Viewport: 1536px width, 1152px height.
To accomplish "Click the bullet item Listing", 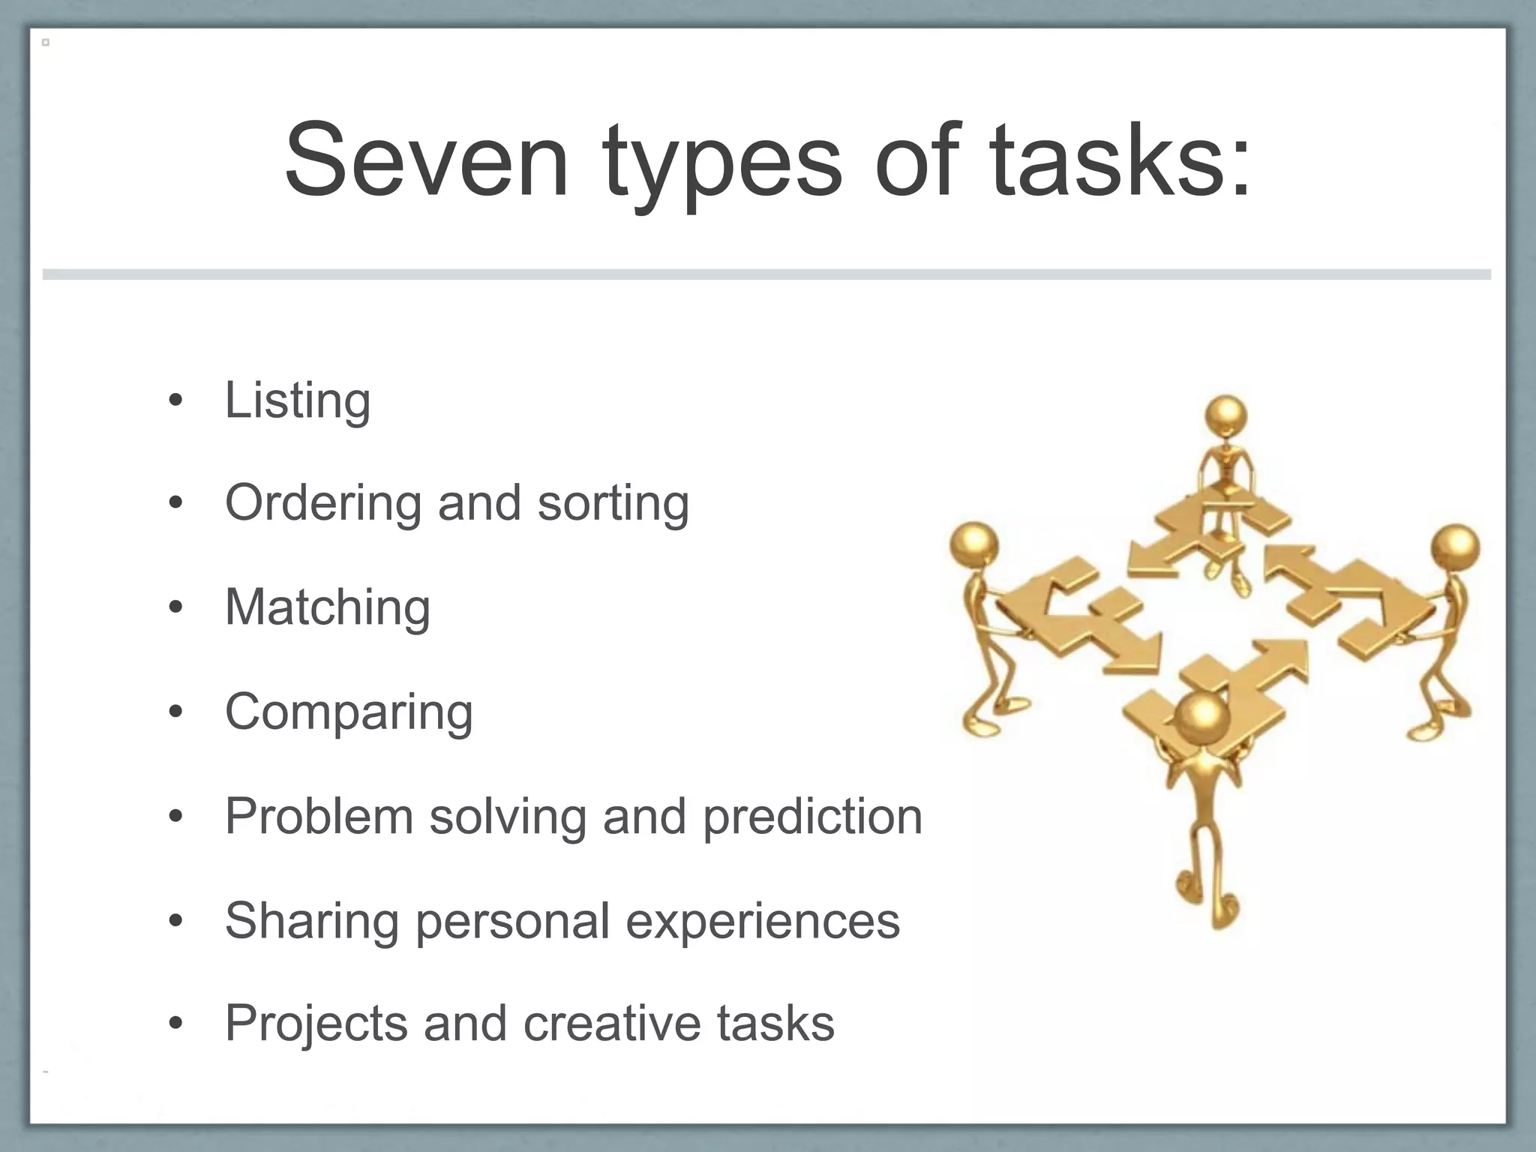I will tap(298, 400).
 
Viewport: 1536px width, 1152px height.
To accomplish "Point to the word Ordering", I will tap(322, 504).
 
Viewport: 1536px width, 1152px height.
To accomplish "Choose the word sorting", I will tap(613, 504).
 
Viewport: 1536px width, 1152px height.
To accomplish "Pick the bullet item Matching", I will tap(328, 607).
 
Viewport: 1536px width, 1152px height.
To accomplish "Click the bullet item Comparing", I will tap(349, 712).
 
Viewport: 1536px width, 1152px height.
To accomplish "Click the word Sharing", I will tap(312, 921).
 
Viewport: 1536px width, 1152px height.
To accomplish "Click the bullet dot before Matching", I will tap(175, 607).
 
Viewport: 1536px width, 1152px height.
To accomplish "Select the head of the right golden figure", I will tap(1455, 547).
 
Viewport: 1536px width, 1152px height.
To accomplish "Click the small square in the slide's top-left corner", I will tap(46, 43).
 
